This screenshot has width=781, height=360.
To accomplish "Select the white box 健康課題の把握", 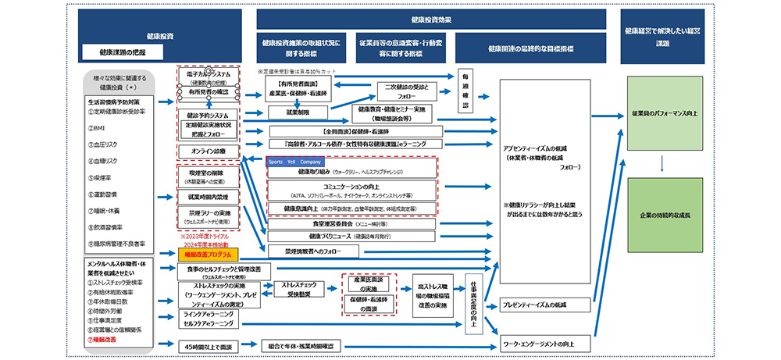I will coord(123,52).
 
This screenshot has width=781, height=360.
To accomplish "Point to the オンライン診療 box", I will coord(207,150).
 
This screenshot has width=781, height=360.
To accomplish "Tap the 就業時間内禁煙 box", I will coord(207,196).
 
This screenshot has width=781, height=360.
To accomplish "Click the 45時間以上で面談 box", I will coord(208,344).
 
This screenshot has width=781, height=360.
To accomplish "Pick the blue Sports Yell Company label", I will coord(294,162).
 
